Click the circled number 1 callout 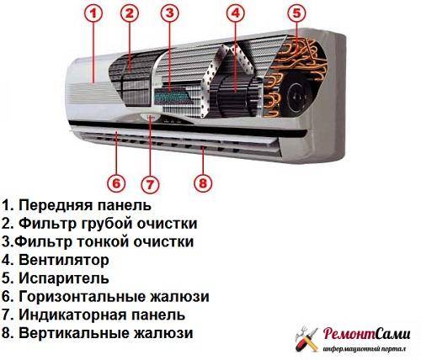tap(93, 13)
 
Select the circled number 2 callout tap(130, 13)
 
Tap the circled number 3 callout tap(170, 13)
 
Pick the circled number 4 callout tap(235, 13)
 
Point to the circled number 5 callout tap(296, 13)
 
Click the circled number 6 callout tap(116, 183)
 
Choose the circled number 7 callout tap(150, 184)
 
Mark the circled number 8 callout tap(203, 183)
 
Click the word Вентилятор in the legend tap(64, 260)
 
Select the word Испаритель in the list tap(64, 278)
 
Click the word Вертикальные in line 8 tap(72, 333)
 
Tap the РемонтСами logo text tap(366, 334)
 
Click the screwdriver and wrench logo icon tap(307, 339)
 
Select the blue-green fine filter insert tap(172, 97)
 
